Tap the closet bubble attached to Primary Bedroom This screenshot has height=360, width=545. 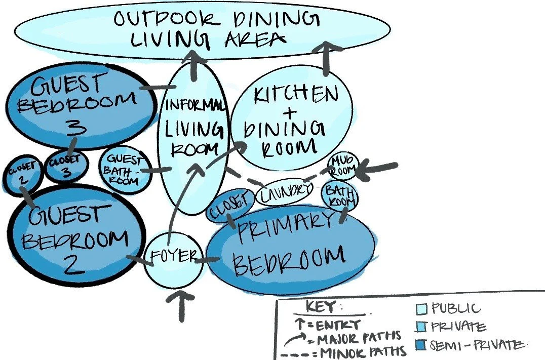click(x=229, y=205)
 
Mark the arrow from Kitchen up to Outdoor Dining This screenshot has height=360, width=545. click(x=324, y=58)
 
